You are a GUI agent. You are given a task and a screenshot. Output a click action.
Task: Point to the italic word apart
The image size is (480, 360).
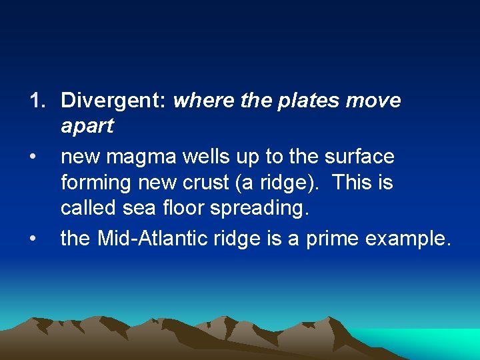pos(87,126)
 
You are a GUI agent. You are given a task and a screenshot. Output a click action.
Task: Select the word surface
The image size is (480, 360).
pos(359,157)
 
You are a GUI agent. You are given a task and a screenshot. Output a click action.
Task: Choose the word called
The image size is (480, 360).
pos(87,208)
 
